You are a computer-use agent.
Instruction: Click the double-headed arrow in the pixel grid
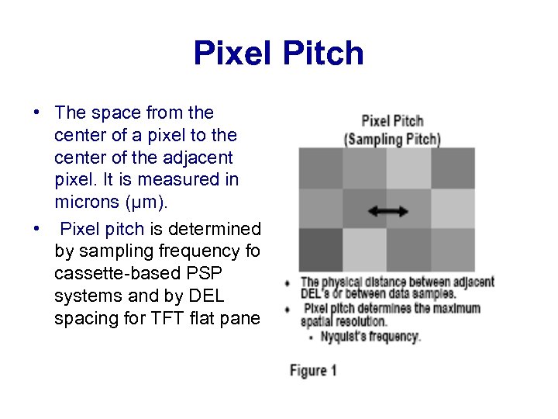click(387, 210)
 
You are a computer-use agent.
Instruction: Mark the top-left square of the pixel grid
click(321, 168)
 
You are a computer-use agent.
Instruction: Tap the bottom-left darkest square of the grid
click(321, 249)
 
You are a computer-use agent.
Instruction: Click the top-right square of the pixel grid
click(453, 168)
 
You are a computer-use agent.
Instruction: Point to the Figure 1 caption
click(313, 370)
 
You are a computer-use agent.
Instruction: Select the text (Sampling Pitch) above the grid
click(392, 140)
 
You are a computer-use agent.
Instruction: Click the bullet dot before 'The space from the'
click(37, 113)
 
